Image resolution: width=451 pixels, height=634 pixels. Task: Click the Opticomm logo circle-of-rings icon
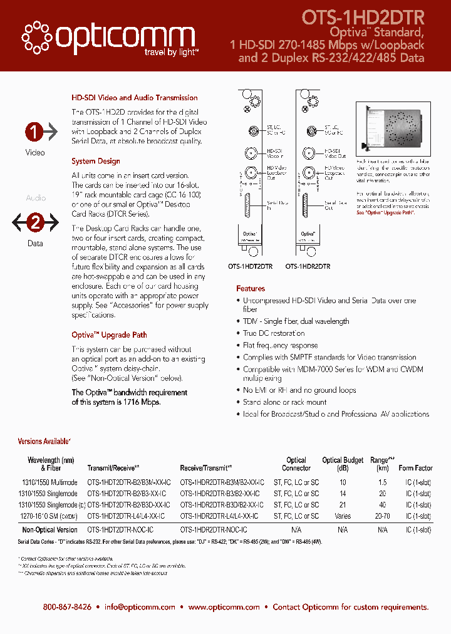38,37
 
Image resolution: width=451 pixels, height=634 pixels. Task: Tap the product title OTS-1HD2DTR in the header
363,17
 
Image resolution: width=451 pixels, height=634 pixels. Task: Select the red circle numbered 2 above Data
36,222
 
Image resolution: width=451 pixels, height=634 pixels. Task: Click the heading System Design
96,162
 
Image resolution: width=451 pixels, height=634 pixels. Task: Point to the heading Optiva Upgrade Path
109,335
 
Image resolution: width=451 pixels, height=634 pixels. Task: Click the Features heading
251,289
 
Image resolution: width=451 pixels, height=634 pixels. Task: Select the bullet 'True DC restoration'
274,333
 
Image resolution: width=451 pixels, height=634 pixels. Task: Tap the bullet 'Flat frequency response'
280,345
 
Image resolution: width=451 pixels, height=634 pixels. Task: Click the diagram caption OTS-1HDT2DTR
251,266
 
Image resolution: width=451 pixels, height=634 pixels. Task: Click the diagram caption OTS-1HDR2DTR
308,266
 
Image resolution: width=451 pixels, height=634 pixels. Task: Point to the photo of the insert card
393,123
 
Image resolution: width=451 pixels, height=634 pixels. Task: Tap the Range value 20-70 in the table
382,516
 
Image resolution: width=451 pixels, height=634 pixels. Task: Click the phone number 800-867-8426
67,607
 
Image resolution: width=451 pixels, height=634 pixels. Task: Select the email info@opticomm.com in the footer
140,607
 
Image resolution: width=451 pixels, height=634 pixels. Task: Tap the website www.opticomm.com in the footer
224,607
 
